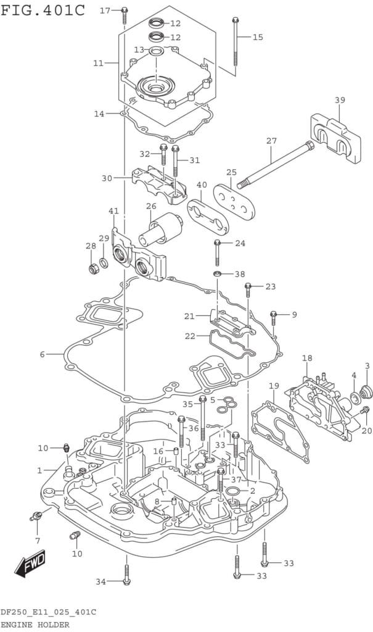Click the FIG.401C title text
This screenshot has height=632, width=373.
pyautogui.click(x=43, y=10)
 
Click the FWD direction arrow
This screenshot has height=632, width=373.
pyautogui.click(x=30, y=562)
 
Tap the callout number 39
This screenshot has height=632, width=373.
pyautogui.click(x=340, y=100)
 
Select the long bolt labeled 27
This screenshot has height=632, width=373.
pyautogui.click(x=275, y=164)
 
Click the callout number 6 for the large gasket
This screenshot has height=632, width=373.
pyautogui.click(x=43, y=354)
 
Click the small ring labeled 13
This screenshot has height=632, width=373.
pyautogui.click(x=155, y=51)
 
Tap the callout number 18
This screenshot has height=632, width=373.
pyautogui.click(x=307, y=358)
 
